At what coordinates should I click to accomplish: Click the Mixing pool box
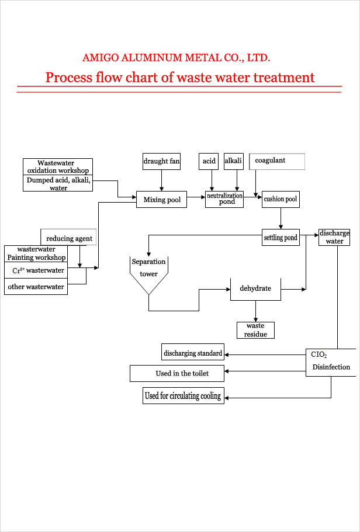coord(162,200)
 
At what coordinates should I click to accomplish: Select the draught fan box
coord(161,161)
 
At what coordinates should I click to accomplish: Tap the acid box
coord(209,161)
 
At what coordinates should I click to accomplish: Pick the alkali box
coord(233,161)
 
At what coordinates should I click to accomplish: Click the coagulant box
coord(277,162)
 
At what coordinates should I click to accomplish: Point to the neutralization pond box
coord(224,200)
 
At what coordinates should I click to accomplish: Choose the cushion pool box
coord(280,200)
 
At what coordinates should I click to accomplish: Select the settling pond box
coord(281,238)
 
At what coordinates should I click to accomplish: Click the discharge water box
coord(334,238)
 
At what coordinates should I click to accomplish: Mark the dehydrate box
coord(256,288)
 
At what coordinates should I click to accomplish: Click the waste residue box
coord(255,330)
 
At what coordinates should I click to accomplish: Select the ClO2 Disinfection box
coord(331,363)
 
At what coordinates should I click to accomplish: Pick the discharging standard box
coord(193,353)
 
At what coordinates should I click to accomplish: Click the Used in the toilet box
coord(177,374)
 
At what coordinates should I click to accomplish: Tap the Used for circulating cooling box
coord(184,395)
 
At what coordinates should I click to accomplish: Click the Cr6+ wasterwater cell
coord(36,270)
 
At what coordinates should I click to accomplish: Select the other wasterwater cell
coord(36,287)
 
